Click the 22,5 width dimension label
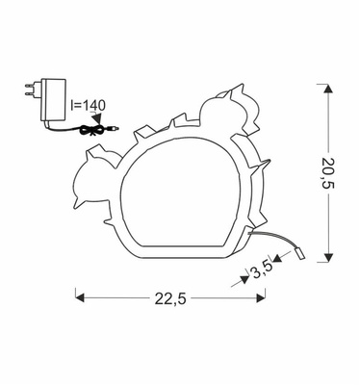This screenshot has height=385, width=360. click(170, 299)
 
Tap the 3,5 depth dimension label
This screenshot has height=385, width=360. click(262, 269)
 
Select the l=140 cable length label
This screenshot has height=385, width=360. click(88, 106)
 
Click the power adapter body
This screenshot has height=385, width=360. click(53, 100)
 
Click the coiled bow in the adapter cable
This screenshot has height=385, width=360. click(91, 130)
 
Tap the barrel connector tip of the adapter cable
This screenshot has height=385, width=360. click(114, 129)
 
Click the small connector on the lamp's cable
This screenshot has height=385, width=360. click(299, 253)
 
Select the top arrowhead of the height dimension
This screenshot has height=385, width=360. click(327, 89)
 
